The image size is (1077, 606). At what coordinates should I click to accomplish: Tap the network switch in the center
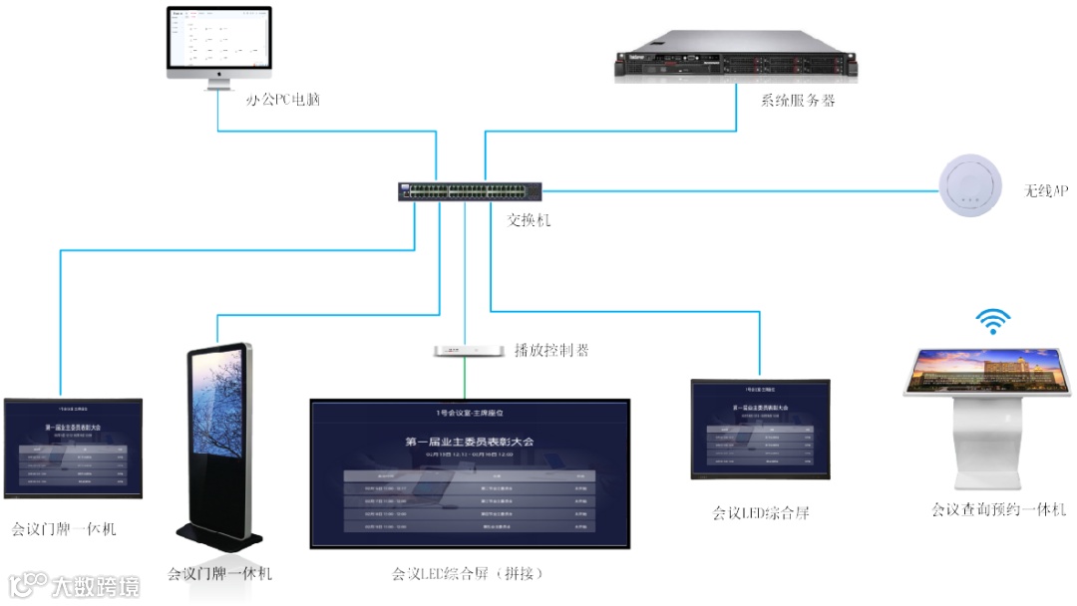(x=469, y=191)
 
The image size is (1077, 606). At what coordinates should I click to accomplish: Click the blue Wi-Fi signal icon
(x=992, y=321)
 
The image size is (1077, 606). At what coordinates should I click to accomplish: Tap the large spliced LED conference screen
(x=470, y=472)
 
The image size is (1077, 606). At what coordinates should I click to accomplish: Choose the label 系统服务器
(x=798, y=100)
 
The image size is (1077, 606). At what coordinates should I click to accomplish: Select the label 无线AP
(x=1046, y=189)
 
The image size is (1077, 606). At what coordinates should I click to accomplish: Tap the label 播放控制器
(x=551, y=350)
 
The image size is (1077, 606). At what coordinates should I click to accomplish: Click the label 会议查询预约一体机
(x=998, y=510)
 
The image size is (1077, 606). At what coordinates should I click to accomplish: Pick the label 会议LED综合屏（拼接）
(x=468, y=574)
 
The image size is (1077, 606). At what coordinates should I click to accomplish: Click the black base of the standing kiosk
(x=220, y=537)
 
